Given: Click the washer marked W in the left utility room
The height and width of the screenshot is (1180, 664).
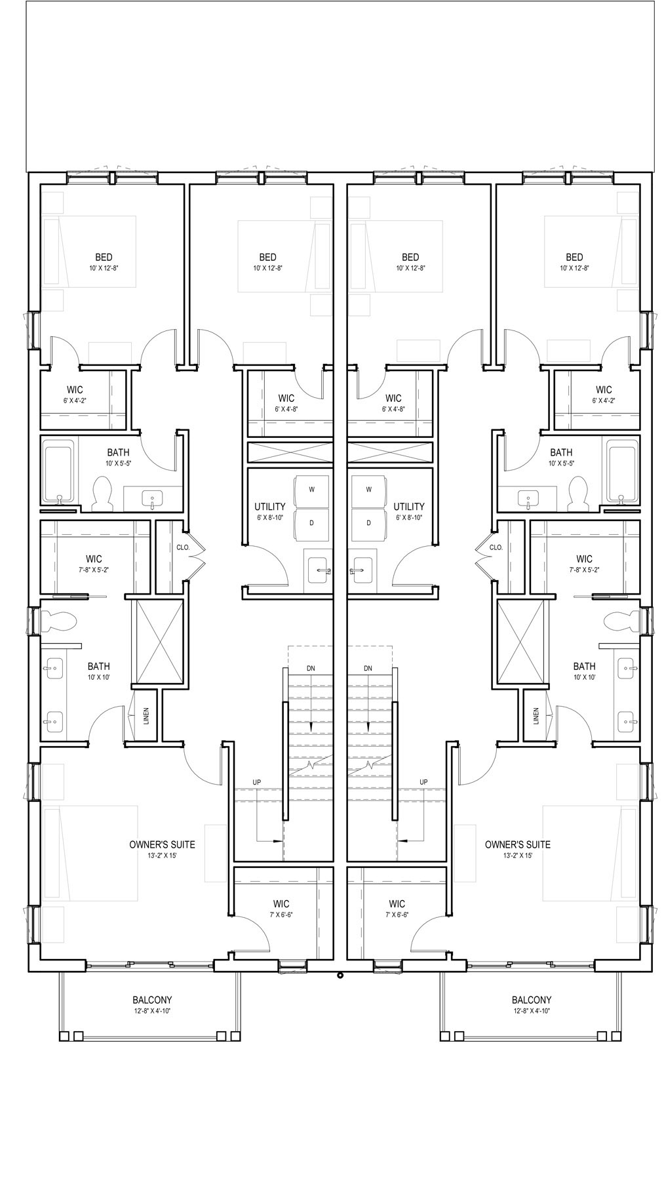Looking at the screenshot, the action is tap(311, 490).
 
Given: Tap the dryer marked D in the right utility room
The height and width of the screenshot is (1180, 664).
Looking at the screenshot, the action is tap(369, 523).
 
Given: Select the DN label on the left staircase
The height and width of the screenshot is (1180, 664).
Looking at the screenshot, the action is tap(311, 668).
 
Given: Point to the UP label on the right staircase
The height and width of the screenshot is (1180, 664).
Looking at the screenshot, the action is tap(423, 782).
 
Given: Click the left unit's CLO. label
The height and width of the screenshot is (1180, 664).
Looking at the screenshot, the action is tap(183, 547).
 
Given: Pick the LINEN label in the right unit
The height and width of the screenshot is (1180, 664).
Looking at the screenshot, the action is tap(536, 715).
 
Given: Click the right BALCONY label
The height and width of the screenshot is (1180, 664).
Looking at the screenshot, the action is tap(532, 1000).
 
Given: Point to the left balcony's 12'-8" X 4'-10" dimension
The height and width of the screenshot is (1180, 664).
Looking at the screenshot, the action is tap(152, 1012).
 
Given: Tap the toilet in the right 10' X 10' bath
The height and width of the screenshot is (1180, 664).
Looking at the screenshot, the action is tap(619, 619).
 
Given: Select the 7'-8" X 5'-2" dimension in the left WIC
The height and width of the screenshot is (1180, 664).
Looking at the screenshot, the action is tap(94, 570).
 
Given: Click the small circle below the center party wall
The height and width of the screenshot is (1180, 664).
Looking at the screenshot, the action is tap(340, 975).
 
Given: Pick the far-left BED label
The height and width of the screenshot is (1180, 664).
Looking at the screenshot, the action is tap(104, 258).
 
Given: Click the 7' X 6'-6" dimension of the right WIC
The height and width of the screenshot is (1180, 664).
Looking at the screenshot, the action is tap(397, 914).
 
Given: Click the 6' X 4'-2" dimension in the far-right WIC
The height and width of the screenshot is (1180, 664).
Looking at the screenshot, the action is tap(604, 401).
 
